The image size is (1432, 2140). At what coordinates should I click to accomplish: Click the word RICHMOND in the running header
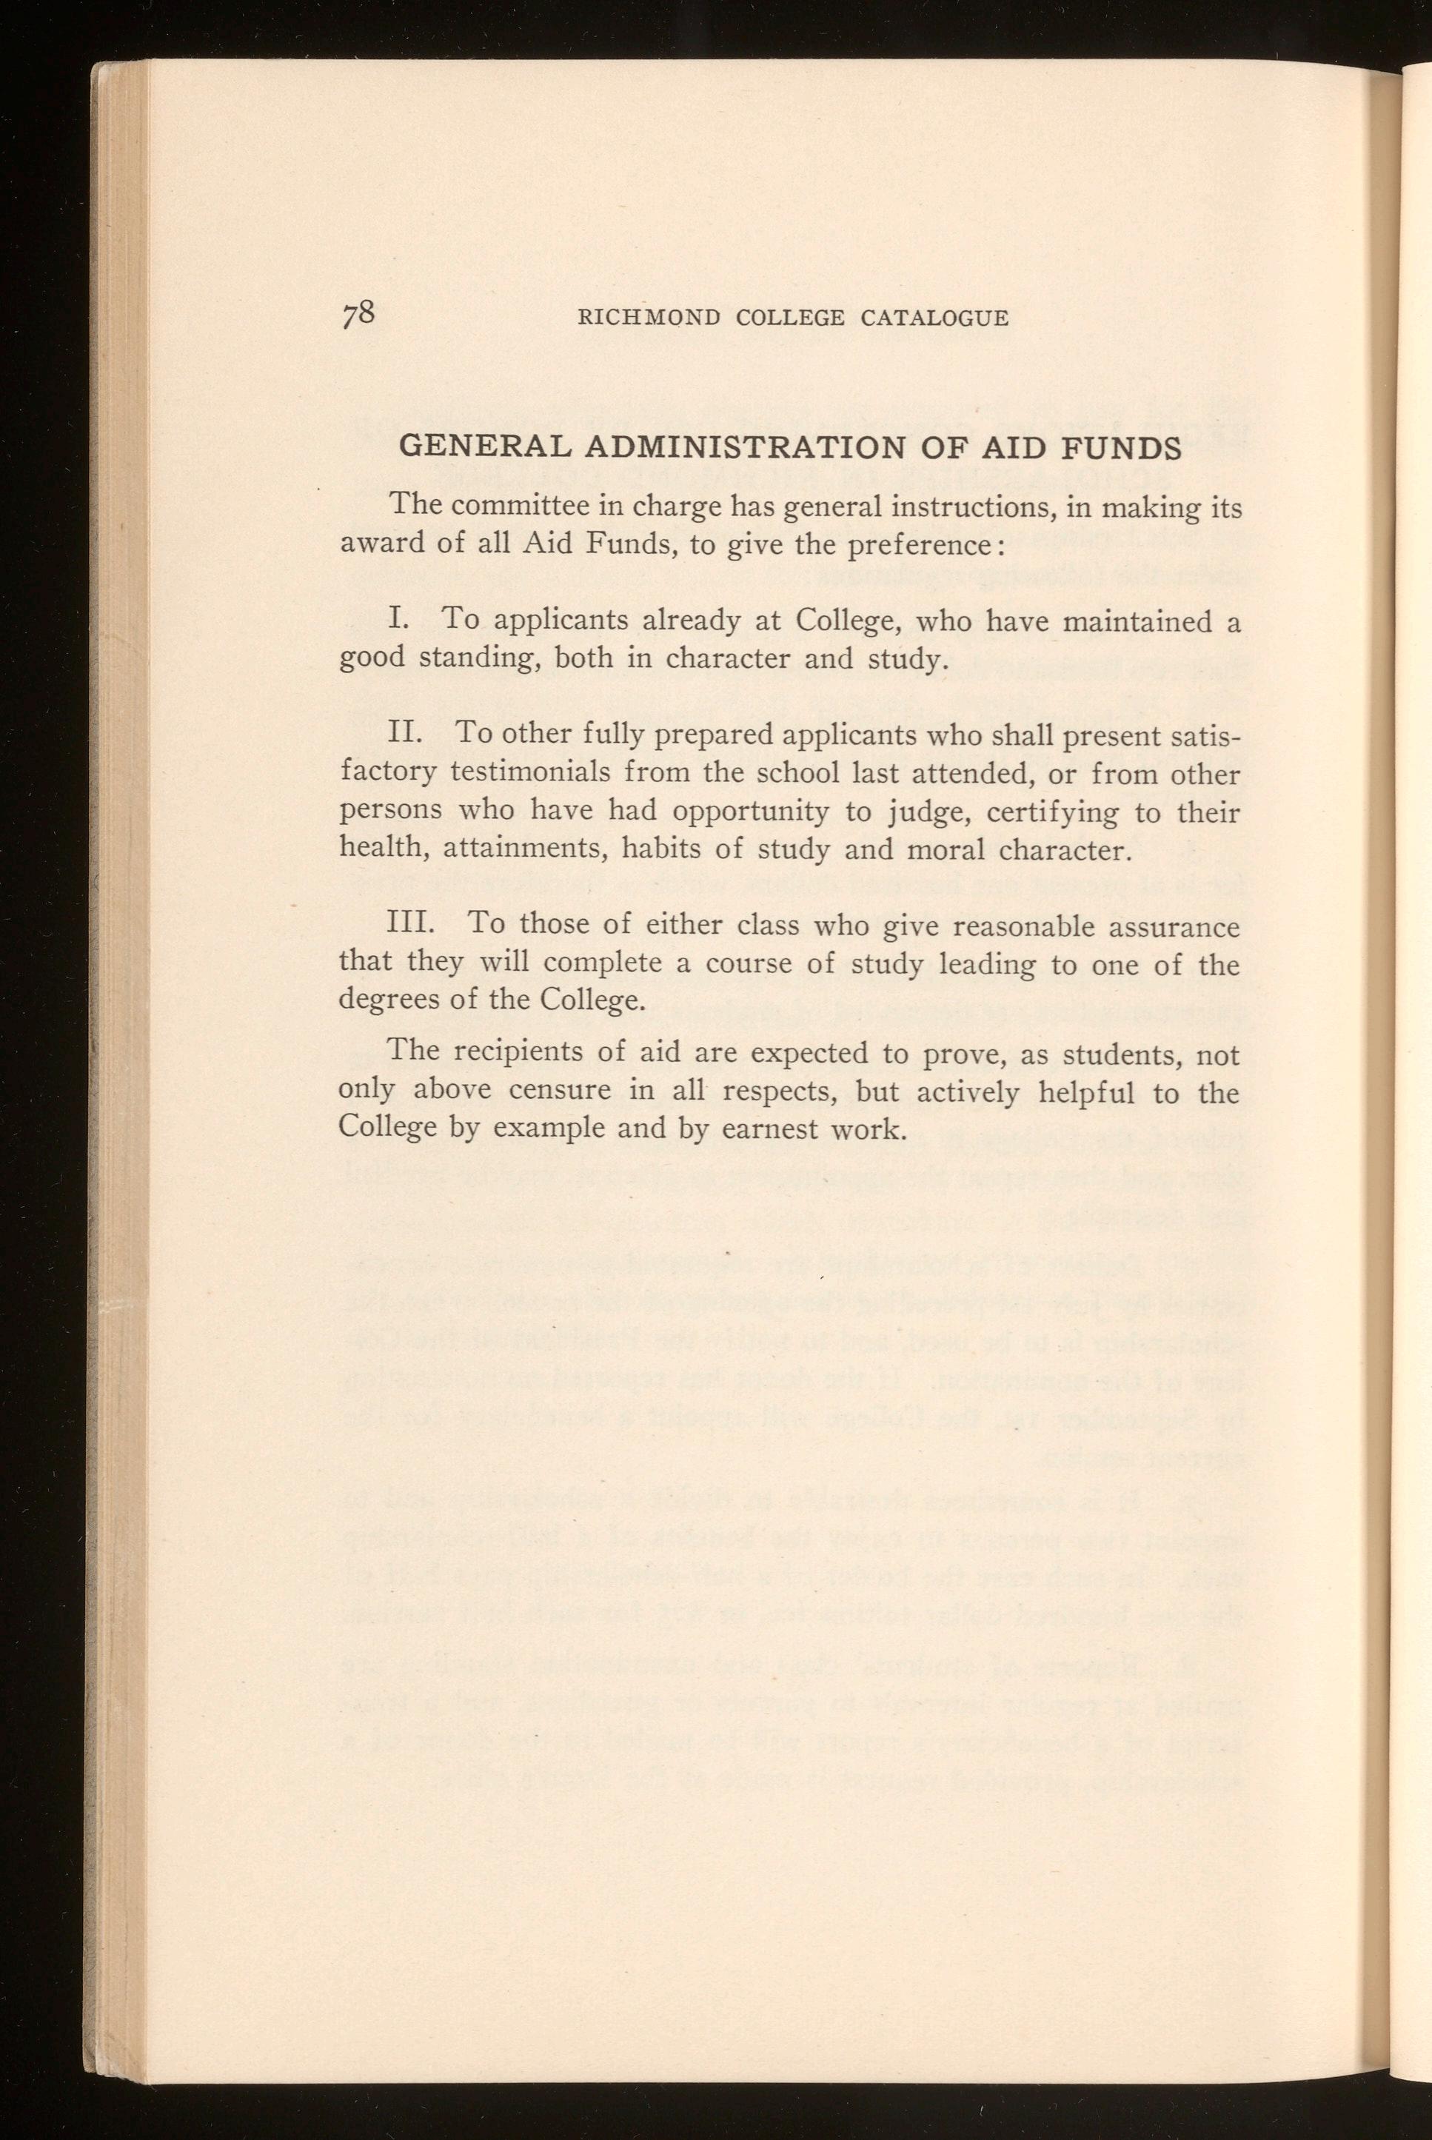coord(651,318)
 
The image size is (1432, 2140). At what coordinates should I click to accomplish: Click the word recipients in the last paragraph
coord(520,1052)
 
